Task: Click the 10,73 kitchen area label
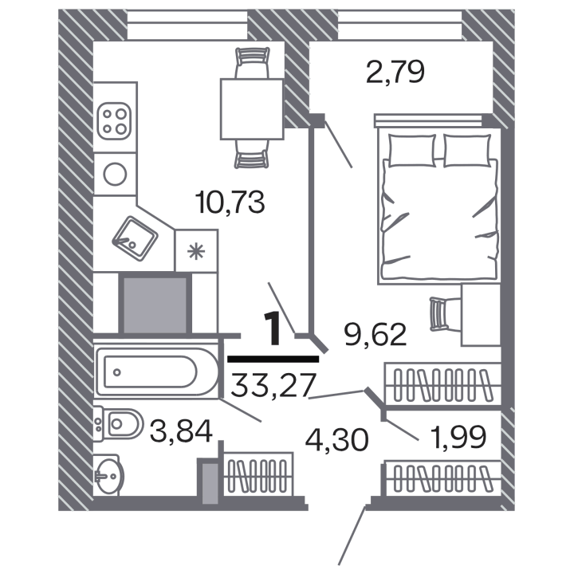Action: coord(230,202)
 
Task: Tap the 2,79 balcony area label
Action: coord(395,72)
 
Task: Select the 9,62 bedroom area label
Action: coord(375,335)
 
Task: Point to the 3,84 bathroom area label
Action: coord(181,431)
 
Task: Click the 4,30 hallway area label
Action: coord(336,439)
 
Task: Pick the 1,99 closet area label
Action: coord(458,437)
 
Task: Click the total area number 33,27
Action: coord(273,385)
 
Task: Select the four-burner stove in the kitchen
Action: coord(114,121)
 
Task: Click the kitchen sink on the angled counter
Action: coord(135,238)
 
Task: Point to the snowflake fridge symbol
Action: coord(196,251)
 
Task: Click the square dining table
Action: coord(252,109)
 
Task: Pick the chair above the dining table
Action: coord(252,63)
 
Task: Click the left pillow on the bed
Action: coord(412,151)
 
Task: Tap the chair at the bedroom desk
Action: coord(445,314)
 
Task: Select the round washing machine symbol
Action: coord(115,174)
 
